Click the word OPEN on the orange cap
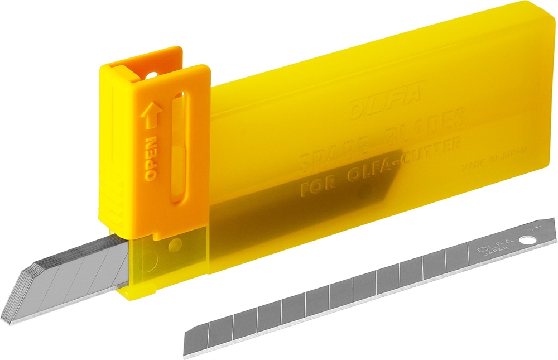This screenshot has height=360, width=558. tap(151, 160)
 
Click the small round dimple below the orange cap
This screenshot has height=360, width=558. tap(177, 244)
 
